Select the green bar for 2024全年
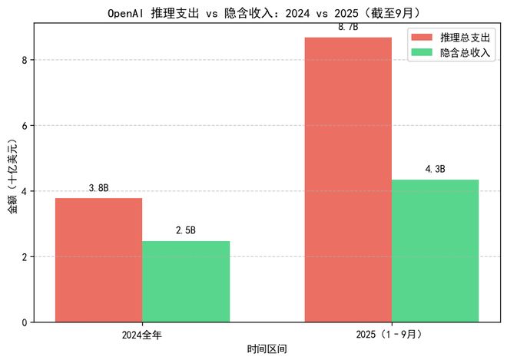[x=186, y=281]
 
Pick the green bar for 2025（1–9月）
[x=435, y=250]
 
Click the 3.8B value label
[x=98, y=188]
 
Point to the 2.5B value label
[x=186, y=230]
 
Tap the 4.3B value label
[x=435, y=169]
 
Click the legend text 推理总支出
[x=466, y=37]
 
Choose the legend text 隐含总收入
[x=466, y=52]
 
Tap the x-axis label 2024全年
[x=142, y=335]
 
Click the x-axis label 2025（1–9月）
[x=391, y=335]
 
